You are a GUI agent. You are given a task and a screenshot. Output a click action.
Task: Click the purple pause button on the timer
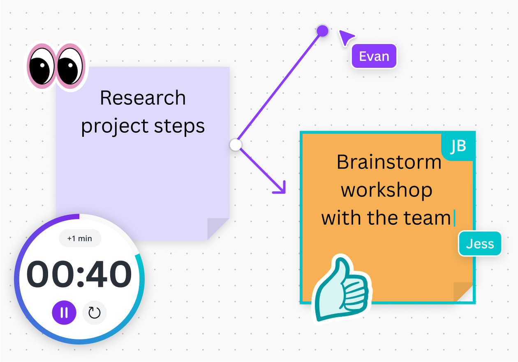[x=64, y=313]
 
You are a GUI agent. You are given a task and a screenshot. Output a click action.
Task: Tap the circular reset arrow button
[x=95, y=313]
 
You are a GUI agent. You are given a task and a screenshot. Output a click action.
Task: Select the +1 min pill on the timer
[x=80, y=238]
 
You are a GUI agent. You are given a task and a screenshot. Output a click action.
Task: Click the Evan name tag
[x=374, y=56]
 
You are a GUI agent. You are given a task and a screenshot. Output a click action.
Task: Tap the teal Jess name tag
[x=480, y=244]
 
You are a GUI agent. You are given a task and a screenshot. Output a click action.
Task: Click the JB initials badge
[x=458, y=146]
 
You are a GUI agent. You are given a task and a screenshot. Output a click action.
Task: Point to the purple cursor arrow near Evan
[x=346, y=37]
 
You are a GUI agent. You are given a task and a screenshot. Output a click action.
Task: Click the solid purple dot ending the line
[x=322, y=30]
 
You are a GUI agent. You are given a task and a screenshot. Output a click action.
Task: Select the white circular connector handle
[x=236, y=145]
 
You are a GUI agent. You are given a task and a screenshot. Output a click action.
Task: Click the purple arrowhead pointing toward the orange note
[x=280, y=188]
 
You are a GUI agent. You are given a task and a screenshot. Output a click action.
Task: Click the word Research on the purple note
[x=143, y=98]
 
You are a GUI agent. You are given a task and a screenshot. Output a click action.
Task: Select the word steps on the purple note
[x=179, y=127]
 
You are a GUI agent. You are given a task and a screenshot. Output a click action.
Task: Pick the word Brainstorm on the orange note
[x=389, y=162]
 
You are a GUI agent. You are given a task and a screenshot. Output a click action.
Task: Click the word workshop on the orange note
[x=386, y=191]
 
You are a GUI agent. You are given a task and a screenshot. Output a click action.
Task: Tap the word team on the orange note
[x=428, y=218]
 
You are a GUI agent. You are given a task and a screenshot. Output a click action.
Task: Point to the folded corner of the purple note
[x=218, y=228]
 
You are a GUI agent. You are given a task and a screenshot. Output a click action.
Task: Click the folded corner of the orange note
[x=462, y=291]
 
